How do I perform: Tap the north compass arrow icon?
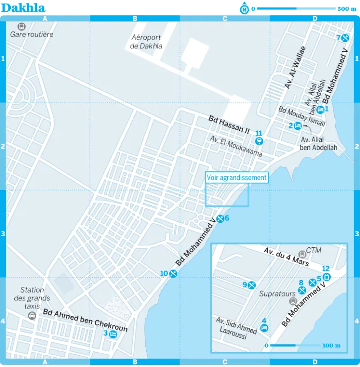point(244,9)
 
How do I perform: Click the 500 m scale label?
point(346,9)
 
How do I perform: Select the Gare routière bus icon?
point(21,27)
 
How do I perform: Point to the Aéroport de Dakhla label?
point(146,42)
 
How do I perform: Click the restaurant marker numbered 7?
point(346,38)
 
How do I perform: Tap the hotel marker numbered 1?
point(320,109)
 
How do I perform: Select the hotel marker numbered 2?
point(297,126)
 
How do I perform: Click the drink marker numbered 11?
point(259,141)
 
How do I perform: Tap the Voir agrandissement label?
point(237,178)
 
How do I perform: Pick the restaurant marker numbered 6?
point(220,219)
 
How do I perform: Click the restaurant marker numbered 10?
point(173,273)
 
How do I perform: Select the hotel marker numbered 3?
point(113,334)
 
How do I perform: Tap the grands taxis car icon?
point(32,315)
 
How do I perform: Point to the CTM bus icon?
point(301,254)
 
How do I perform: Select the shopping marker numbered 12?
point(327,277)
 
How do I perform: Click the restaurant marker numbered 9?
point(252,285)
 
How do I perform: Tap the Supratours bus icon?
point(292,301)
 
